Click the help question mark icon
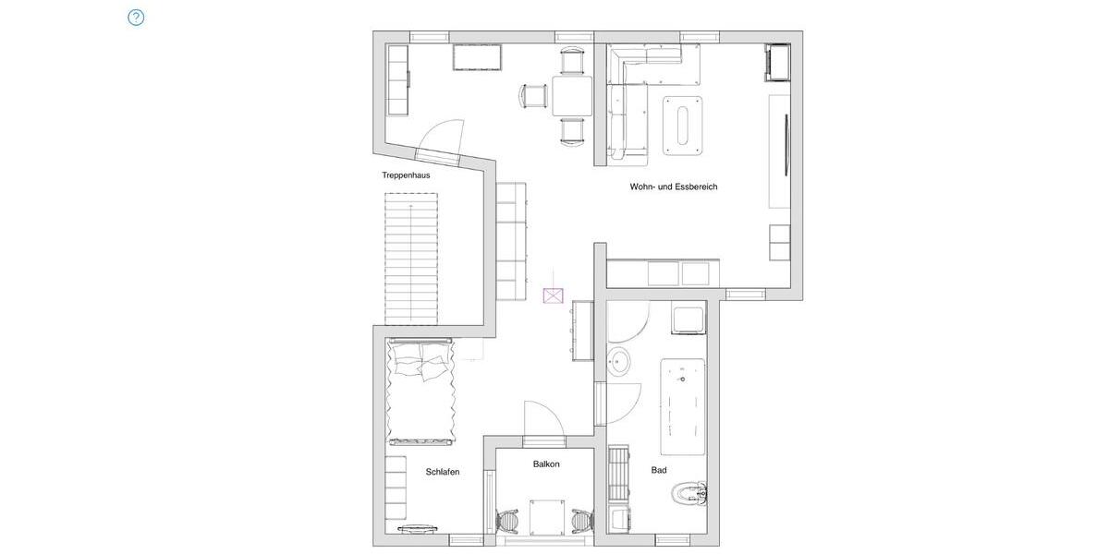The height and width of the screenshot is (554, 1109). [x=136, y=18]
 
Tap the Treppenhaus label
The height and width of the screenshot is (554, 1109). [x=406, y=175]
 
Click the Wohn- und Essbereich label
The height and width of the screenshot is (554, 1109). [x=674, y=187]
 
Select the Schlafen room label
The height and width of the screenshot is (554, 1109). [x=443, y=472]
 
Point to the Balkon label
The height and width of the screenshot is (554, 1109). [x=546, y=464]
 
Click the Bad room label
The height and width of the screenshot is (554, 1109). [x=659, y=470]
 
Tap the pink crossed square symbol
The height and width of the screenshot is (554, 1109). [x=553, y=295]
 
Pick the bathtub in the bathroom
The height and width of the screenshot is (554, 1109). [x=683, y=407]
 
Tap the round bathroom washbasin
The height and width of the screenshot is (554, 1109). [x=619, y=363]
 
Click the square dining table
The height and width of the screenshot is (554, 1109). [x=573, y=96]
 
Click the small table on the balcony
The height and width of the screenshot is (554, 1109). [x=548, y=515]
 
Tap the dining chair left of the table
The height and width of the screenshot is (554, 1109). [x=535, y=96]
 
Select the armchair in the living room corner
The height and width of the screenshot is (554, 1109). [x=776, y=63]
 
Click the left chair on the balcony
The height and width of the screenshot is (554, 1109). [x=507, y=522]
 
